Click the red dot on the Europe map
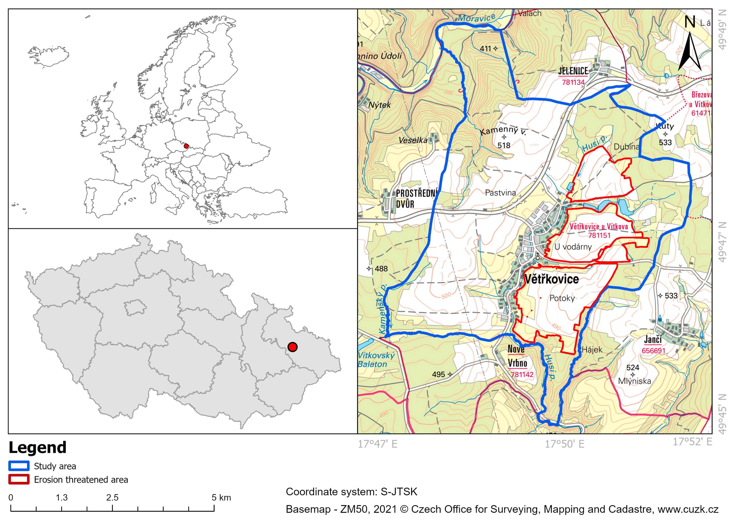(x=186, y=146)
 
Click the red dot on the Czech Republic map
(x=292, y=347)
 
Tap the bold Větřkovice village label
(x=552, y=279)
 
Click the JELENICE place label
(x=573, y=71)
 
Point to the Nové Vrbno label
(x=517, y=356)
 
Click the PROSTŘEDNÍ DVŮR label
(x=416, y=198)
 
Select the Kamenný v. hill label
(x=503, y=130)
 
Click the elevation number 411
(x=485, y=49)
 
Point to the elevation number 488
(x=381, y=269)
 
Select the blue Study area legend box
(x=19, y=466)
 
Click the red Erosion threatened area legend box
(x=19, y=479)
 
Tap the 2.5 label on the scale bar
(x=112, y=497)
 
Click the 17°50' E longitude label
(x=564, y=444)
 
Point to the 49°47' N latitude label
(x=722, y=242)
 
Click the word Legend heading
(x=37, y=448)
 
